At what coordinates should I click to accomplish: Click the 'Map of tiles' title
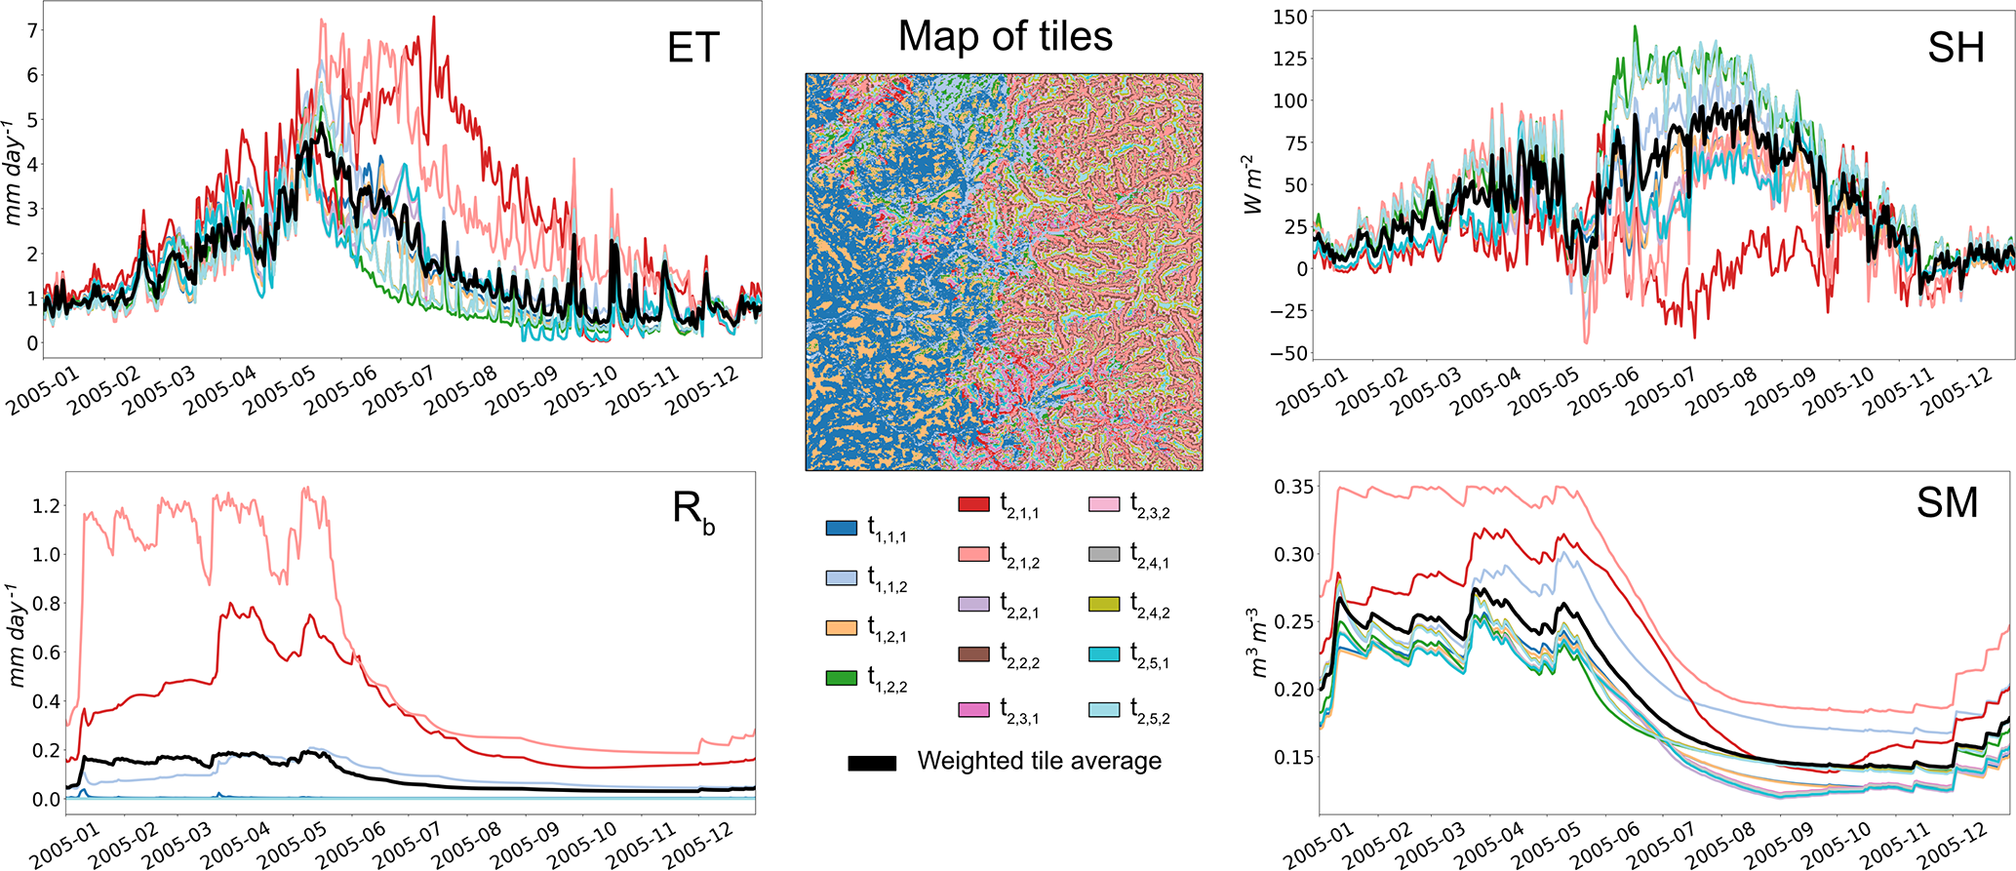point(1005,37)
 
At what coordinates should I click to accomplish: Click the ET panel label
point(692,47)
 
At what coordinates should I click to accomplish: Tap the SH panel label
point(1956,47)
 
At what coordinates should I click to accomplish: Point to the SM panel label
point(1947,502)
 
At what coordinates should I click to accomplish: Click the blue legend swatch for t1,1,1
point(841,529)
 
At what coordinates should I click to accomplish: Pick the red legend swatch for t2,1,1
point(973,504)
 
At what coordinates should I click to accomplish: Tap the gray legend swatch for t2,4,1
point(1103,554)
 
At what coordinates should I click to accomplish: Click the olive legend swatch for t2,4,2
point(1103,605)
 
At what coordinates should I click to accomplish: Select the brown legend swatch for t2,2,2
point(973,654)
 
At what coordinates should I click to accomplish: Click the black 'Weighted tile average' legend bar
point(872,764)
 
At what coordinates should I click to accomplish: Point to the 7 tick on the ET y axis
point(32,30)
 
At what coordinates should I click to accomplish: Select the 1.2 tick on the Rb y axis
point(46,505)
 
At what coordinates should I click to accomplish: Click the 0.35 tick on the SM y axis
point(1293,486)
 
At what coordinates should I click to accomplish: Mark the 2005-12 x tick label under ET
point(701,394)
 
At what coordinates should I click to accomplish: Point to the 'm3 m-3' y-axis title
point(1258,644)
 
